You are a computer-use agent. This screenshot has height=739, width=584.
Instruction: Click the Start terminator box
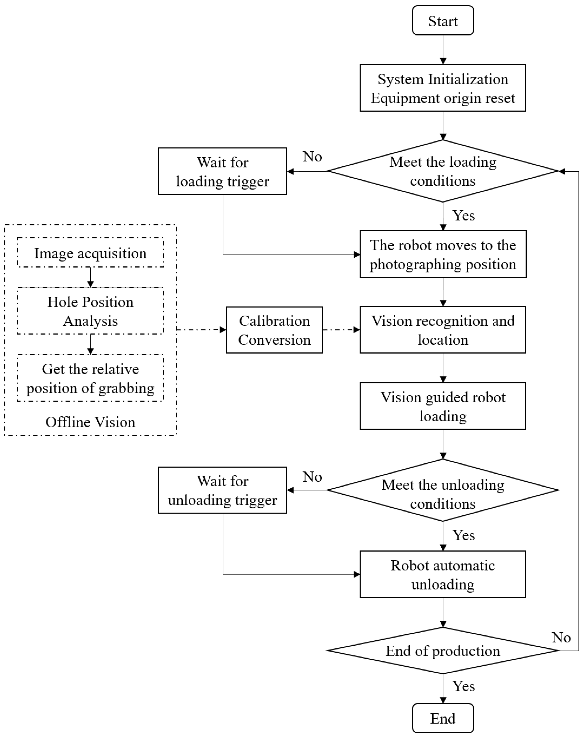(443, 21)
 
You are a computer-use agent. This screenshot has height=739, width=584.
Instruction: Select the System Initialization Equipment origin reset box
(443, 88)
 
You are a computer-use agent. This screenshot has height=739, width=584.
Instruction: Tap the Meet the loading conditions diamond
(443, 171)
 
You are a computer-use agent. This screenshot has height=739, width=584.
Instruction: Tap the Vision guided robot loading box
(443, 406)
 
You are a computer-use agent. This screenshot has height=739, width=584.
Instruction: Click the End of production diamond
(443, 651)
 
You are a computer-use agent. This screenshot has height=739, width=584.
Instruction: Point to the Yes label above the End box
(464, 686)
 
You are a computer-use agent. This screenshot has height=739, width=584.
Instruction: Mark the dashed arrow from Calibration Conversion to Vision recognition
(341, 330)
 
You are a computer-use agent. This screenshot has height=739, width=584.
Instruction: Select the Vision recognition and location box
(443, 330)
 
